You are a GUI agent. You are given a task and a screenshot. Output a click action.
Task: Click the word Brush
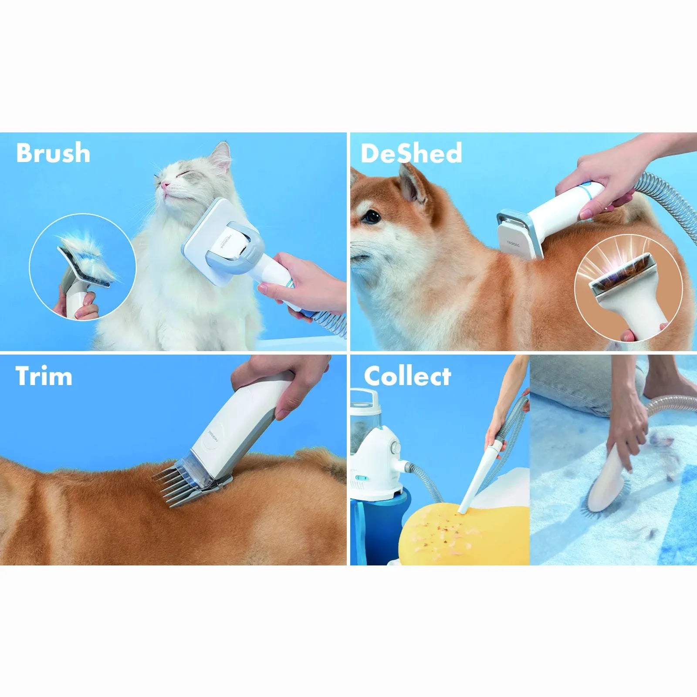53,153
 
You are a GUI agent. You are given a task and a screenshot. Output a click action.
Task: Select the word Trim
44,376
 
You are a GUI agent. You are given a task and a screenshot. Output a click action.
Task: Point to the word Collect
407,376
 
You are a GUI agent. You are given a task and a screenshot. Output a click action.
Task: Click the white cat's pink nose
165,186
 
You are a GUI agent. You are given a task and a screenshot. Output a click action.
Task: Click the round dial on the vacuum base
396,447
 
